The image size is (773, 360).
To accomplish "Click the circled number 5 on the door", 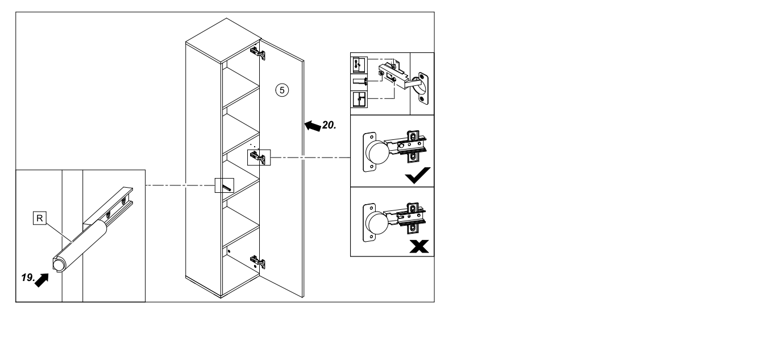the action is click(x=282, y=90).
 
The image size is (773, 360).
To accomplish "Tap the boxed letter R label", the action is click(x=40, y=218).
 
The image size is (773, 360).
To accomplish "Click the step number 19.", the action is click(x=28, y=278).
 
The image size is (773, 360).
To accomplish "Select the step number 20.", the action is click(x=329, y=125).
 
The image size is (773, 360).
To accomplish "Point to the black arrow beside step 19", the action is click(x=42, y=280).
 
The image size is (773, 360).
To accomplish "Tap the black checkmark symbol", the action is click(x=418, y=175).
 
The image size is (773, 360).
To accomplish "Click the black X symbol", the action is click(x=419, y=246).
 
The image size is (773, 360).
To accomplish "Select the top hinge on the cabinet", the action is click(x=258, y=53).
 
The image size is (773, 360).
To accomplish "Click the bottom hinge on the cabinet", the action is click(x=258, y=262).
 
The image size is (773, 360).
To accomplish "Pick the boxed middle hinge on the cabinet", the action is click(x=259, y=158).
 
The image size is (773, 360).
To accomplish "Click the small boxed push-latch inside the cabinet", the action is click(x=225, y=185).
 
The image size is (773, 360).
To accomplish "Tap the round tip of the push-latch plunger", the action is click(x=59, y=264).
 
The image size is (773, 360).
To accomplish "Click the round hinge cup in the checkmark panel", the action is click(x=377, y=152).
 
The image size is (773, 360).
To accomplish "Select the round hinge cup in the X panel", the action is click(x=377, y=223).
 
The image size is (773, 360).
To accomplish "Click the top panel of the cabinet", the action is click(x=223, y=40).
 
